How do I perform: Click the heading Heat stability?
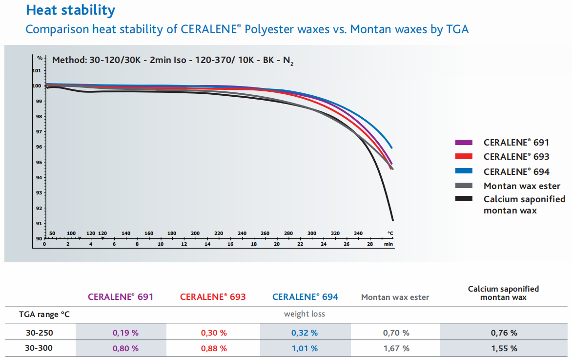(x=70, y=10)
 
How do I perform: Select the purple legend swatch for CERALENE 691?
(x=464, y=143)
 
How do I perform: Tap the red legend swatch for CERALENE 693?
(x=464, y=157)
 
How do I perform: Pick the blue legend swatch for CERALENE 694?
(x=464, y=171)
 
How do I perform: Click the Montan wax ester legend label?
(x=522, y=186)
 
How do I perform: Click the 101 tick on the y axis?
(x=36, y=70)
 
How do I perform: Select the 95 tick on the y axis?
(x=38, y=162)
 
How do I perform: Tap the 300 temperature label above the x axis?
(x=312, y=233)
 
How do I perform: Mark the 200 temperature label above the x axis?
(x=195, y=233)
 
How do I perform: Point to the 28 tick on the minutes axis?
(x=370, y=244)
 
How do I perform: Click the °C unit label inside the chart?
(x=390, y=233)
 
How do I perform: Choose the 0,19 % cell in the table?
(x=126, y=333)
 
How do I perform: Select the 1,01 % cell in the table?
(x=305, y=349)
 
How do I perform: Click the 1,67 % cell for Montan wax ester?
(x=396, y=349)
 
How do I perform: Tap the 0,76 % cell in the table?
(x=504, y=333)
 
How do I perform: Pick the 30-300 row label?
(x=41, y=349)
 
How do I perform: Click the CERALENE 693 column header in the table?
(x=213, y=297)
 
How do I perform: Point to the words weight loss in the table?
(x=305, y=314)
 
